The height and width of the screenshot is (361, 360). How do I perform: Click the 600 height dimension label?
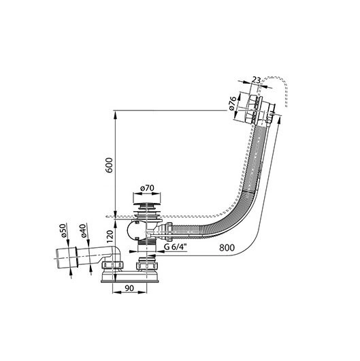(x=109, y=165)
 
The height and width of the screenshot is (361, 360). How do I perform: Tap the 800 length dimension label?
(x=227, y=248)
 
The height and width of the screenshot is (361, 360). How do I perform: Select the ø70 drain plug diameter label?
(x=147, y=188)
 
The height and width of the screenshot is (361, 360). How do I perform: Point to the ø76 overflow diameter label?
(x=233, y=104)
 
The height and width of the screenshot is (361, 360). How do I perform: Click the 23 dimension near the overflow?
(x=256, y=80)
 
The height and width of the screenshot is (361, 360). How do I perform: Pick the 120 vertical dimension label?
(x=110, y=236)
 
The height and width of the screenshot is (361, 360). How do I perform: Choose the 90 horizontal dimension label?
(x=129, y=288)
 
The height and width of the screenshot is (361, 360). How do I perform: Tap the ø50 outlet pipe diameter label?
(x=63, y=230)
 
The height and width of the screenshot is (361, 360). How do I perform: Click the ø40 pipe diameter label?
(x=83, y=230)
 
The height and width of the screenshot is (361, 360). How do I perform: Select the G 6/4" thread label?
(x=175, y=247)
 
